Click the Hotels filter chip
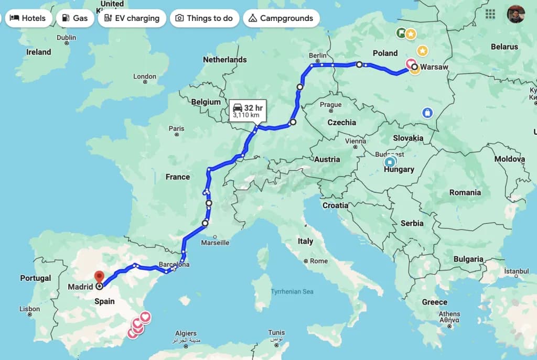coord(28,18)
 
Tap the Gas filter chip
coord(74,18)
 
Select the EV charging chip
coord(132,18)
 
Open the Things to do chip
coord(204,18)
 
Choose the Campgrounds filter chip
coord(281,18)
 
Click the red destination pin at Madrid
coord(99,276)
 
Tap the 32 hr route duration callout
coord(246,110)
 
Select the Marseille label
coord(215,243)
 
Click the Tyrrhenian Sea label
coord(292,291)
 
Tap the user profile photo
coord(515,14)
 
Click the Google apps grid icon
coord(490,14)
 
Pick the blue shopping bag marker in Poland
coord(427,113)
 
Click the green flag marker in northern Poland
coord(401,34)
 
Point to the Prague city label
coord(330,105)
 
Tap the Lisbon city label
coord(29,309)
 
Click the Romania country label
coord(465,192)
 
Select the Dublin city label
coord(66,37)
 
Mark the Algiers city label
coord(186,333)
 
